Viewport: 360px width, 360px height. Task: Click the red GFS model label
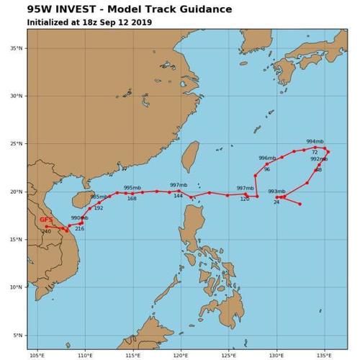(45, 219)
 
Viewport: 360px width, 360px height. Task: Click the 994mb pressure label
(315, 141)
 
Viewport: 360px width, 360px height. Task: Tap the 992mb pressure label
(318, 159)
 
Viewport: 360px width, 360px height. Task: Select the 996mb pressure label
(267, 158)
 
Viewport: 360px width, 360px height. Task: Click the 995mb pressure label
(132, 187)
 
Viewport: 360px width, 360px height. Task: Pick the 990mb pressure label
(79, 217)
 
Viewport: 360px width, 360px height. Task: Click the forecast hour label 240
(46, 231)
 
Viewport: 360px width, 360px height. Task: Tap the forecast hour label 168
(132, 198)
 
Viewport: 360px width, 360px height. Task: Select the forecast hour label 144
(178, 196)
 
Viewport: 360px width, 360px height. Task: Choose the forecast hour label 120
(244, 199)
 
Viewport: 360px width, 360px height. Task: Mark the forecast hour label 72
(315, 152)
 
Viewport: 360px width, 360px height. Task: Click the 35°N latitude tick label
(16, 48)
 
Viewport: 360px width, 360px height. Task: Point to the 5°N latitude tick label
(17, 335)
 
